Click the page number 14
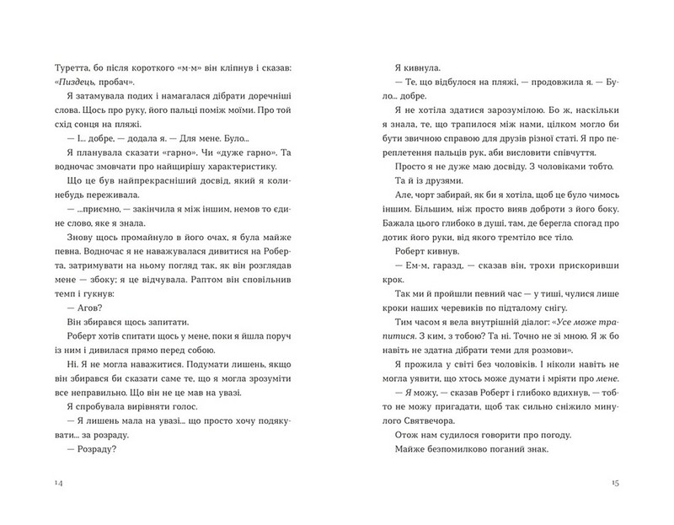pos(57,481)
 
